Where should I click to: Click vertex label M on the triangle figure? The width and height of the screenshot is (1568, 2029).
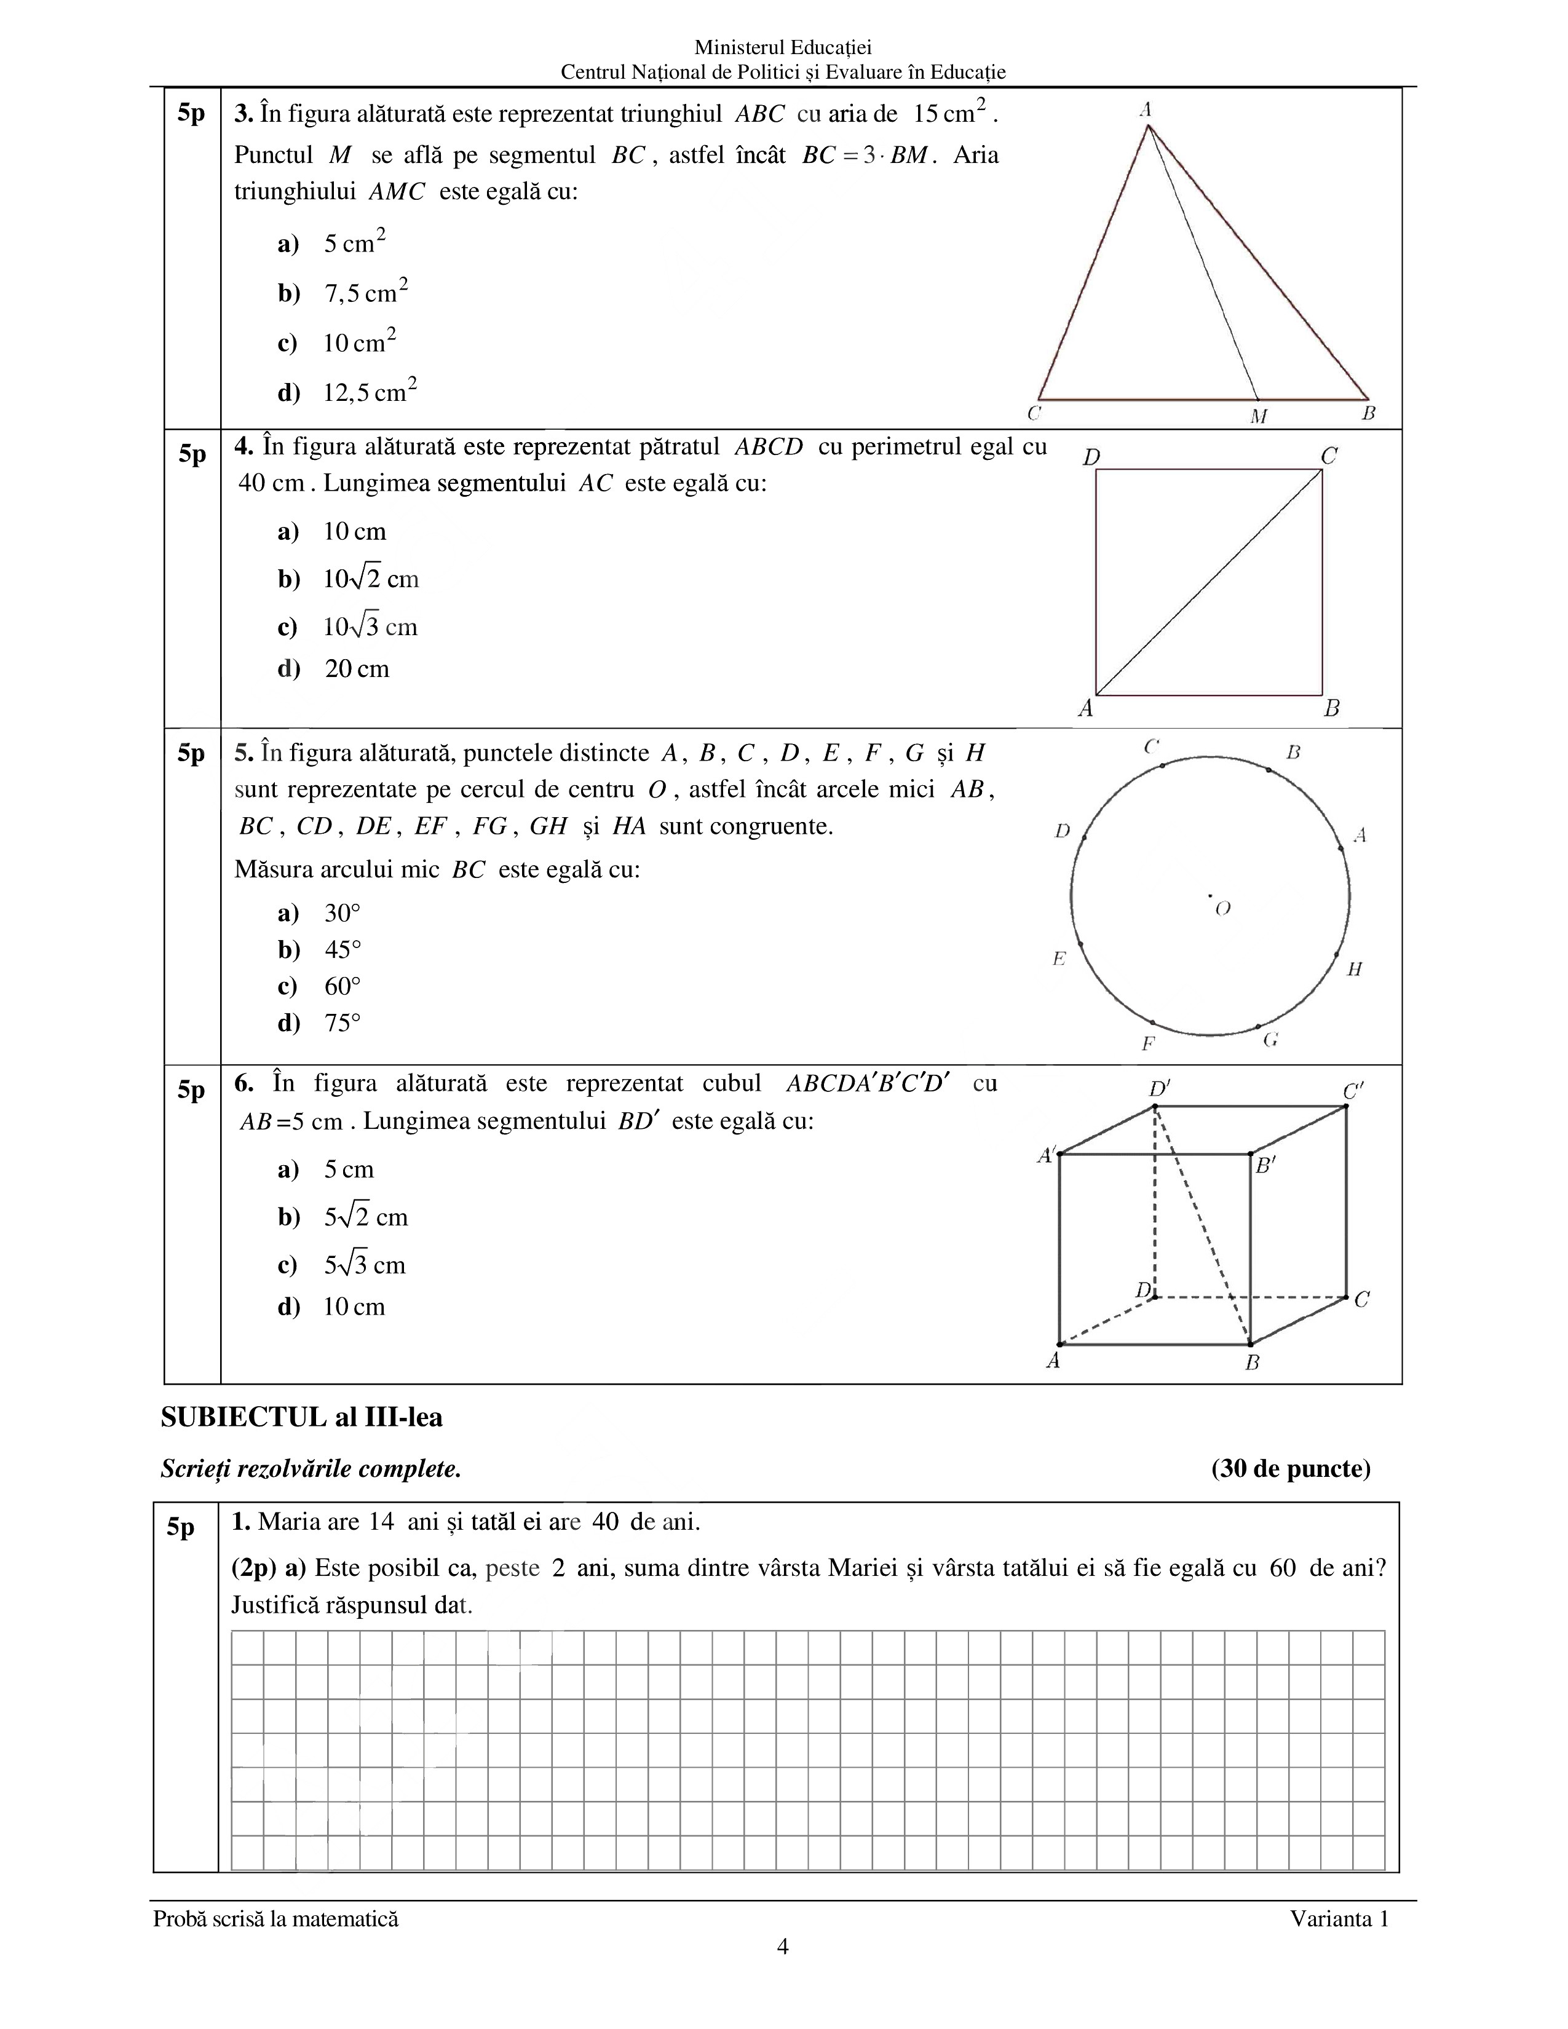tap(1259, 416)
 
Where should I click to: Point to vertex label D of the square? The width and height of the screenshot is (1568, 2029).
tap(1091, 457)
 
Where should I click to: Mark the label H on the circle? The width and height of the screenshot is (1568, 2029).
tap(1355, 969)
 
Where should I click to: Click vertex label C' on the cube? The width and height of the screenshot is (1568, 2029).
tap(1353, 1091)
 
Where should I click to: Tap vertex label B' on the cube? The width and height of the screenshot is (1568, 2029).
tap(1266, 1165)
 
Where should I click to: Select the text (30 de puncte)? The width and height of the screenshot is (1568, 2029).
tap(1290, 1469)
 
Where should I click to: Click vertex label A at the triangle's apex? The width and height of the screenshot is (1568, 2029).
tap(1146, 109)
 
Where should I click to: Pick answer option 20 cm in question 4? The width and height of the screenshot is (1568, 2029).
tap(357, 669)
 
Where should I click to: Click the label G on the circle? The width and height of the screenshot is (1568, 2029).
tap(1271, 1040)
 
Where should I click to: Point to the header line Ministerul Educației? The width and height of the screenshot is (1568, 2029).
tap(782, 47)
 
